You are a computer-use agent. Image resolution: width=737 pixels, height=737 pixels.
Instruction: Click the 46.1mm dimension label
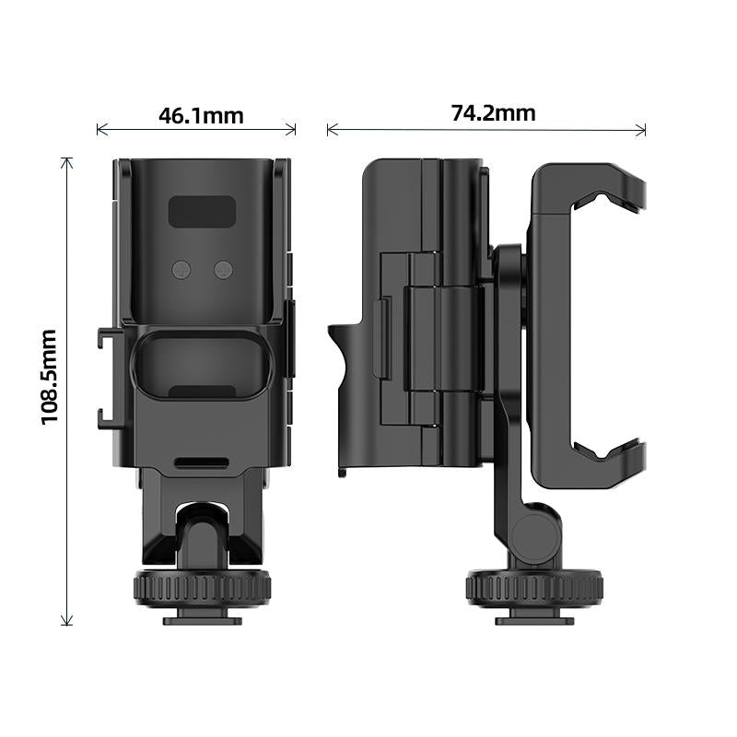pyautogui.click(x=201, y=116)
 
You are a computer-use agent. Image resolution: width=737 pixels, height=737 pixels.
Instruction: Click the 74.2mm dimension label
pyautogui.click(x=493, y=113)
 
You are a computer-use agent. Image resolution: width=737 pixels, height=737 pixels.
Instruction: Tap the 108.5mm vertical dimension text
pyautogui.click(x=50, y=377)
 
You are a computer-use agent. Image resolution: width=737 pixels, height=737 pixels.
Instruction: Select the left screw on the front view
pyautogui.click(x=181, y=269)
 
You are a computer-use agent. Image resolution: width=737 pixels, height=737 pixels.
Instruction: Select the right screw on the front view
pyautogui.click(x=224, y=269)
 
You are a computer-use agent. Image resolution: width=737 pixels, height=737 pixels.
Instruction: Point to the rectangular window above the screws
pyautogui.click(x=201, y=213)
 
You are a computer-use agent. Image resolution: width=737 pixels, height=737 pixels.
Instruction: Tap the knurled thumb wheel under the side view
pyautogui.click(x=533, y=587)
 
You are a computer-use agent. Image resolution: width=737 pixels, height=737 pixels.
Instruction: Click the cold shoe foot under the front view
pyautogui.click(x=203, y=620)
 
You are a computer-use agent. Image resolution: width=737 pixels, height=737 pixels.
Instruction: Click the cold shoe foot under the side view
pyautogui.click(x=534, y=620)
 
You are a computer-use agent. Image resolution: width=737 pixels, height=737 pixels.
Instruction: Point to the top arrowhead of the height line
pyautogui.click(x=66, y=161)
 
